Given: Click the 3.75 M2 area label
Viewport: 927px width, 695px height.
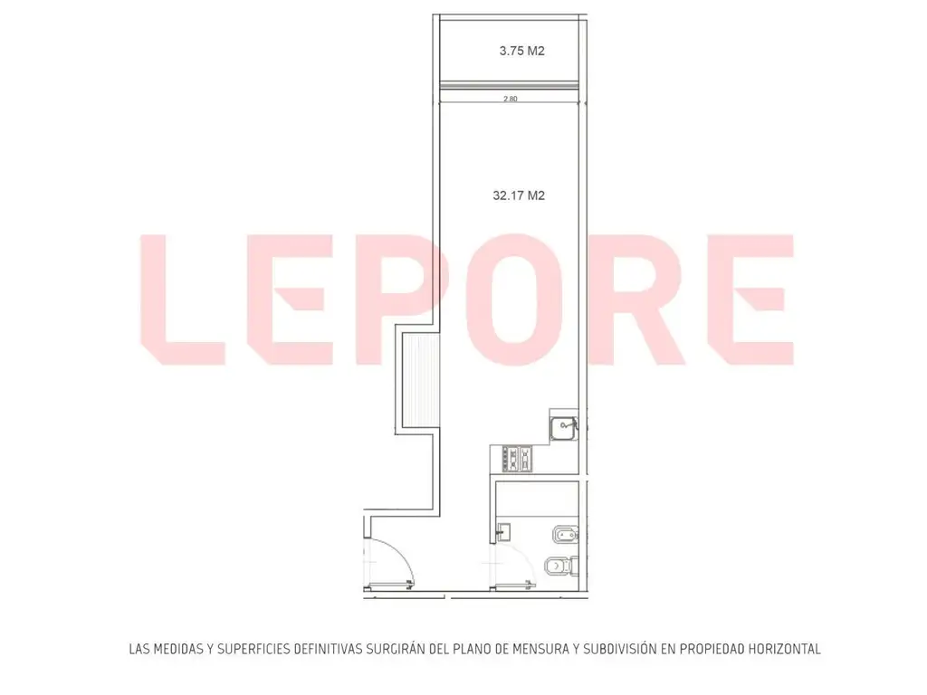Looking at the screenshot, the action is click(x=521, y=51).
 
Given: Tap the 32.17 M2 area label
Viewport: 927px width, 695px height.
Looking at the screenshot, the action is click(x=519, y=195).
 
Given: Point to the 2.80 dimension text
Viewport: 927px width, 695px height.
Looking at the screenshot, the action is click(x=511, y=99).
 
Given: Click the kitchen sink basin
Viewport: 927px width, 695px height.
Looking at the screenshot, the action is click(x=563, y=428).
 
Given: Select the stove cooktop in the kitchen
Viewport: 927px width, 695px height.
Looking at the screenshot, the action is click(x=517, y=459).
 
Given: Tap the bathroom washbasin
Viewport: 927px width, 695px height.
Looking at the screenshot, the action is click(x=503, y=532).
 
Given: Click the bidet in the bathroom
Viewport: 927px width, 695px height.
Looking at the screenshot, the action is click(x=565, y=536).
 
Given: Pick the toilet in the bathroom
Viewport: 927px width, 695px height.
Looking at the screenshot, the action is click(x=559, y=566).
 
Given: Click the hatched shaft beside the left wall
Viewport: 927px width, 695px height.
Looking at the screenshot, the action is click(x=421, y=379).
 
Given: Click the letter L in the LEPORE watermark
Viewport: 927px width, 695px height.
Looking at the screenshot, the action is click(x=183, y=299).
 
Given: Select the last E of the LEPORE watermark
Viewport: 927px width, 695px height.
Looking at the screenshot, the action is click(x=750, y=299).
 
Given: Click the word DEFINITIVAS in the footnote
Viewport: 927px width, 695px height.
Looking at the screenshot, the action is click(x=328, y=649).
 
